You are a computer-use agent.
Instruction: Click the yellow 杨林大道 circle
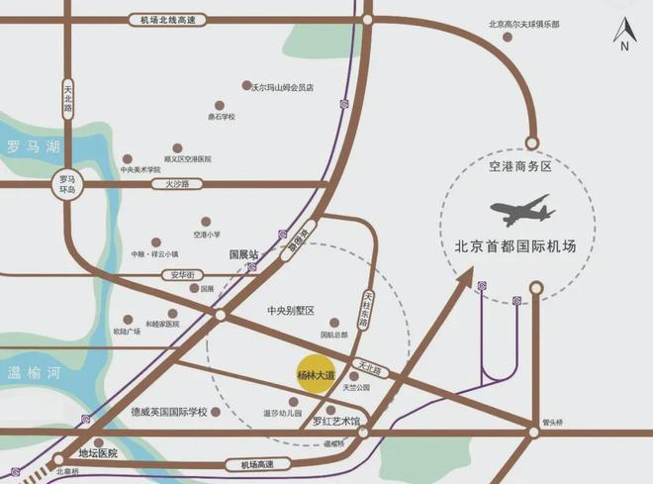(x=317, y=375)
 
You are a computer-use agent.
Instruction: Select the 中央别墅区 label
(x=290, y=311)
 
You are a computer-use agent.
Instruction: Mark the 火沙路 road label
(x=178, y=184)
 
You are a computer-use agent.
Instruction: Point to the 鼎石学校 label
(x=222, y=116)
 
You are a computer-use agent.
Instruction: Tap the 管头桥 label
(x=553, y=421)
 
